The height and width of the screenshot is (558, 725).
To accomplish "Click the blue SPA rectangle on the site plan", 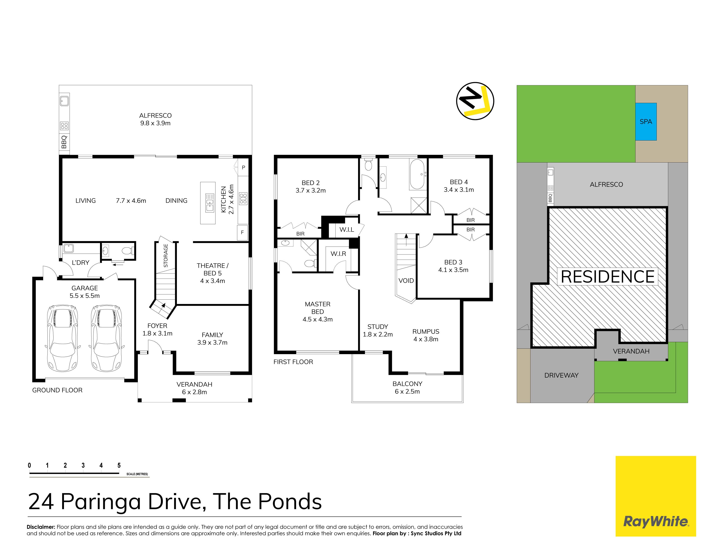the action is [646, 121].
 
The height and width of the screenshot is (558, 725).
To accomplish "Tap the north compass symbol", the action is [475, 101].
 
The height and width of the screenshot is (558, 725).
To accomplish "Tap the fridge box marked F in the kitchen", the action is [242, 232].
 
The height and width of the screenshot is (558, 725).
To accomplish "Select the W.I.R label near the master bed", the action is [338, 254].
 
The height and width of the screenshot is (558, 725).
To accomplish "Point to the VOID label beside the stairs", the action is [406, 281].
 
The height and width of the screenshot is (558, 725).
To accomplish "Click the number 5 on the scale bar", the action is [119, 465].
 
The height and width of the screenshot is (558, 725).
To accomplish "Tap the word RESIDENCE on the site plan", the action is [608, 277].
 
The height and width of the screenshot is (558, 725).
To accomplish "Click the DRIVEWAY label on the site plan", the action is [561, 375].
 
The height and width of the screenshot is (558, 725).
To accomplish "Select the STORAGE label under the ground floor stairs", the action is [166, 256].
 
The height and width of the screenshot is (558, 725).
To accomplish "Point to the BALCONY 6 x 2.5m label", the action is [408, 388].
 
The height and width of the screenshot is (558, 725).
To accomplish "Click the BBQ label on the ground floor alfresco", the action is [64, 142].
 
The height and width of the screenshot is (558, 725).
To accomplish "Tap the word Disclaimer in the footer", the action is [41, 527].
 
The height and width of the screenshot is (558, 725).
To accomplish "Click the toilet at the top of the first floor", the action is [368, 164].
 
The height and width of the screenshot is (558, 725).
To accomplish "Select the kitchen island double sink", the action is [210, 202].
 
